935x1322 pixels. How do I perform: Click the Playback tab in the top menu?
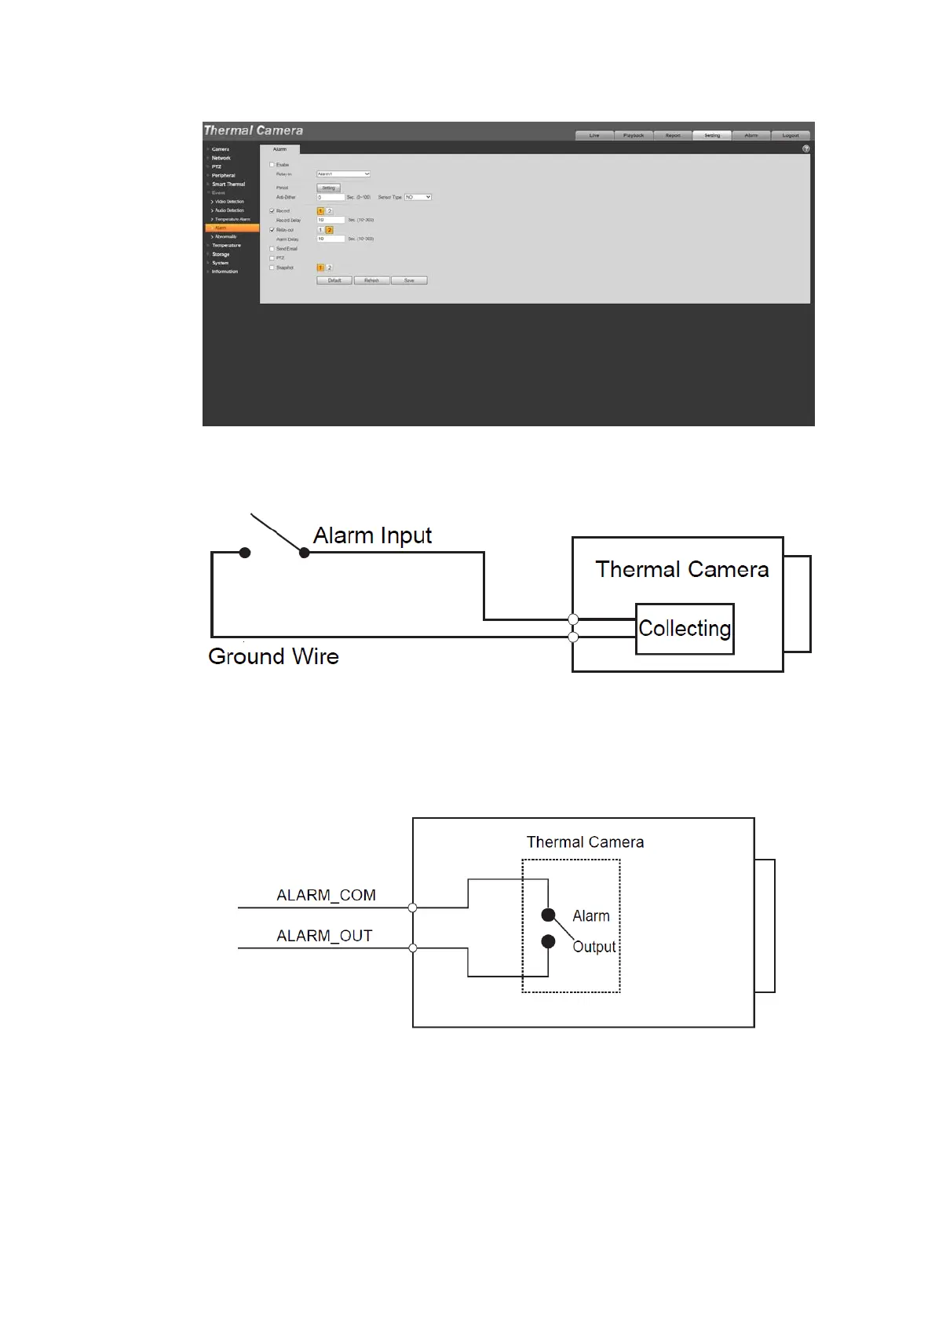click(634, 135)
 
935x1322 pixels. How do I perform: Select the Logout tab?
click(791, 135)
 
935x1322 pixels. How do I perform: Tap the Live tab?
click(594, 135)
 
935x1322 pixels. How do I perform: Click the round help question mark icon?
click(805, 148)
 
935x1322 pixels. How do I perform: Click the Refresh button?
click(371, 280)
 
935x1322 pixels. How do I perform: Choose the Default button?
click(334, 280)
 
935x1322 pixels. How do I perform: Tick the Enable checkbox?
click(272, 165)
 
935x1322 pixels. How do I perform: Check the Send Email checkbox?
click(272, 249)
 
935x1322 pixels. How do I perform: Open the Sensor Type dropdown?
click(418, 197)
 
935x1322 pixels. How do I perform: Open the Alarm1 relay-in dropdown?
click(343, 174)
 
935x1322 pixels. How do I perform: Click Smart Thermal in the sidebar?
click(228, 184)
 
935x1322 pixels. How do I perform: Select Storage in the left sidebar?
click(221, 254)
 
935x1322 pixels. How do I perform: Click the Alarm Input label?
click(372, 535)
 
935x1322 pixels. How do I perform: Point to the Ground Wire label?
click(273, 656)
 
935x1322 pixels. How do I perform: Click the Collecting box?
click(685, 629)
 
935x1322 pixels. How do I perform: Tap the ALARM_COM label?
click(326, 895)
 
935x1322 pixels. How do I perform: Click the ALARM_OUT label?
click(324, 936)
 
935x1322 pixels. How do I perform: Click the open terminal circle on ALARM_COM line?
click(413, 908)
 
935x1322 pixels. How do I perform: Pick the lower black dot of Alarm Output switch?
click(548, 941)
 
